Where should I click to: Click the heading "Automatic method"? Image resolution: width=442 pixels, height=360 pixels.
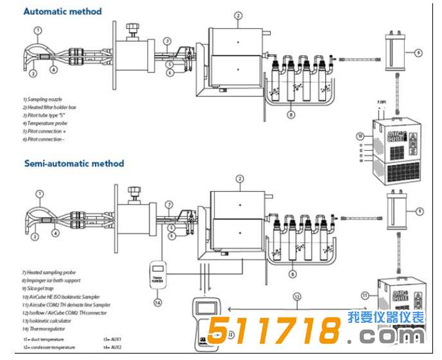62,12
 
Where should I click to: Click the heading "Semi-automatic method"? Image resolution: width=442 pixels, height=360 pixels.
74,164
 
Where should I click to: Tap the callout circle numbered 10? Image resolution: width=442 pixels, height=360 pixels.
359,135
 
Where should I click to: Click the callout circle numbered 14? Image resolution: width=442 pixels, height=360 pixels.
157,301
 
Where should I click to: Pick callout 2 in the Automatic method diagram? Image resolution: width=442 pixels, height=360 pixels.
238,15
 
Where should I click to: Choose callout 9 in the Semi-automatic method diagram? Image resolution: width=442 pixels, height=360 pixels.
419,210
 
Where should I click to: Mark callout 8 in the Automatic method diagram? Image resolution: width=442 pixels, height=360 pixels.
291,115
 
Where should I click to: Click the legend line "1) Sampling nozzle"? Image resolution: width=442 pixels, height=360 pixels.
44,99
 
